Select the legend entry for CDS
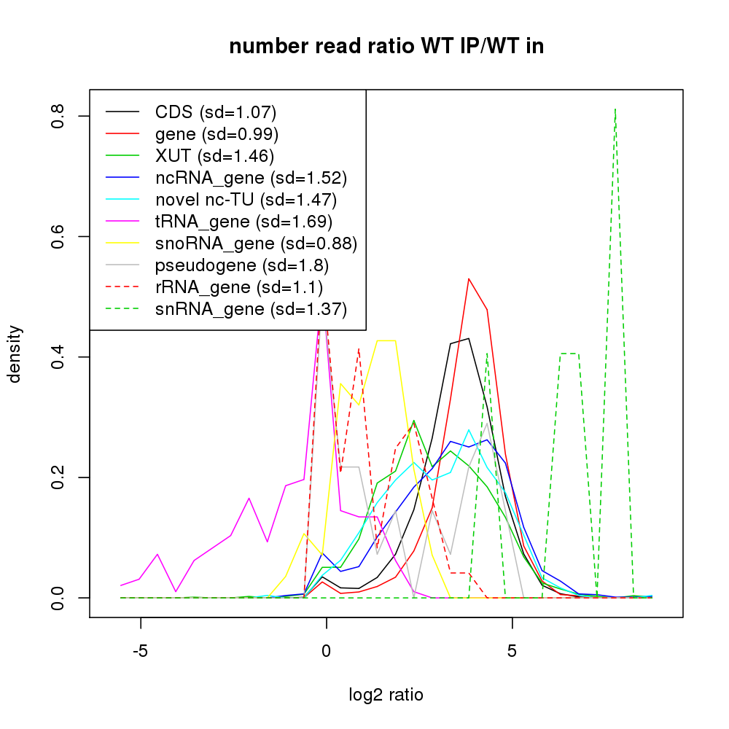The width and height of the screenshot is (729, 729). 215,112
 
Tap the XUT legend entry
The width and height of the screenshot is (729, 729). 214,156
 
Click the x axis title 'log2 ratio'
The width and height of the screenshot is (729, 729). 386,695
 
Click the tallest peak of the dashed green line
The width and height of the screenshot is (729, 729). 616,109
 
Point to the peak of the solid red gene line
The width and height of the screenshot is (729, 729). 469,278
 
